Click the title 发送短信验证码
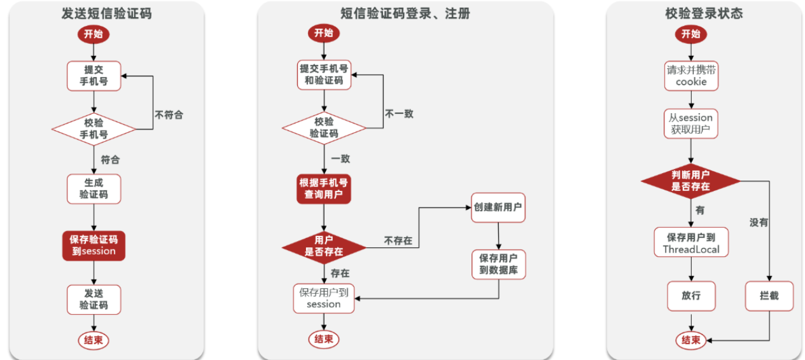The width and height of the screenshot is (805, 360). coord(106,13)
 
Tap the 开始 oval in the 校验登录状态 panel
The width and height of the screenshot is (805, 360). coord(690,34)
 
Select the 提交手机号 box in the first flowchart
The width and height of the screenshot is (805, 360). coord(94,76)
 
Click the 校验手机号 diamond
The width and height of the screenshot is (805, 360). coord(94,128)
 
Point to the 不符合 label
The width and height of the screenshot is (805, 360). coord(169,115)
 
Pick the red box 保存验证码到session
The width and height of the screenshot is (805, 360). coord(94,245)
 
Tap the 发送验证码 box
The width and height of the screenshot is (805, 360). coord(94,299)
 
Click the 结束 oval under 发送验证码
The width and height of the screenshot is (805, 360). coord(94,340)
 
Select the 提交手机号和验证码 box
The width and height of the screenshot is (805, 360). coord(324,74)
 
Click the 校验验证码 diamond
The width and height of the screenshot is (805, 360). coord(324,128)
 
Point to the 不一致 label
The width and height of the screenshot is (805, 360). coord(399,114)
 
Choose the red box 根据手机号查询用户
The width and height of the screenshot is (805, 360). coord(325,188)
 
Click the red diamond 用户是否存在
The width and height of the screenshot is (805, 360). coord(324,246)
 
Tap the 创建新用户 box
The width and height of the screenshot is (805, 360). coord(498,207)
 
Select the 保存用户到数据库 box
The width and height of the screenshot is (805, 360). coord(498,264)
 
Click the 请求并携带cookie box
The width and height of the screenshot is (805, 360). coord(691,76)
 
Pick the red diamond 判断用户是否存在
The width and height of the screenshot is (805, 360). coord(690,181)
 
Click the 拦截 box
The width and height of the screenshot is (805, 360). coord(769,296)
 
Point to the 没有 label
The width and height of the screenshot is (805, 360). coord(759,223)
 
